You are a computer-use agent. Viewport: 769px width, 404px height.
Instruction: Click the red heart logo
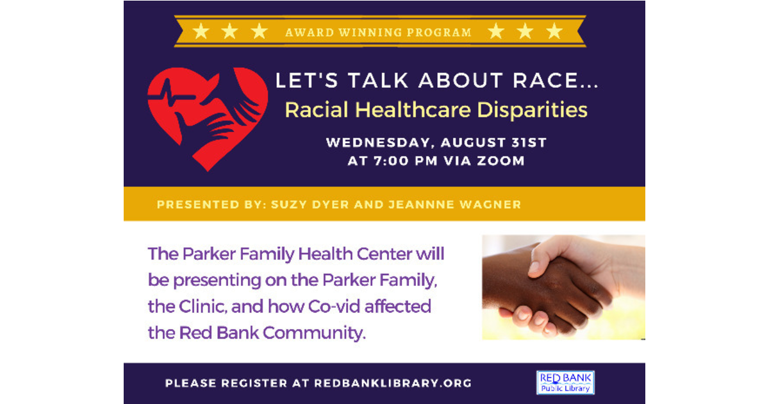pyautogui.click(x=206, y=115)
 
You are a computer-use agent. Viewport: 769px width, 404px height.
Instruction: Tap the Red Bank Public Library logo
pyautogui.click(x=566, y=383)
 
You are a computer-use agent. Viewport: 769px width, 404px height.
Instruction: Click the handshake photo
pyautogui.click(x=563, y=287)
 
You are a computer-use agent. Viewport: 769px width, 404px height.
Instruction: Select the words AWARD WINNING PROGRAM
pyautogui.click(x=379, y=32)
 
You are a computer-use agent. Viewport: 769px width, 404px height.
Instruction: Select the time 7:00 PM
pyautogui.click(x=402, y=161)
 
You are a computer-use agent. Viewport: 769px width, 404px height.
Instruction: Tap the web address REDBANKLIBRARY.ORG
pyautogui.click(x=393, y=383)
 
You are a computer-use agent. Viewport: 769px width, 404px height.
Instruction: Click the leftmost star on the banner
pyautogui.click(x=201, y=31)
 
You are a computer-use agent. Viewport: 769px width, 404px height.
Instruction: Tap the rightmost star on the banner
pyautogui.click(x=554, y=31)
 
